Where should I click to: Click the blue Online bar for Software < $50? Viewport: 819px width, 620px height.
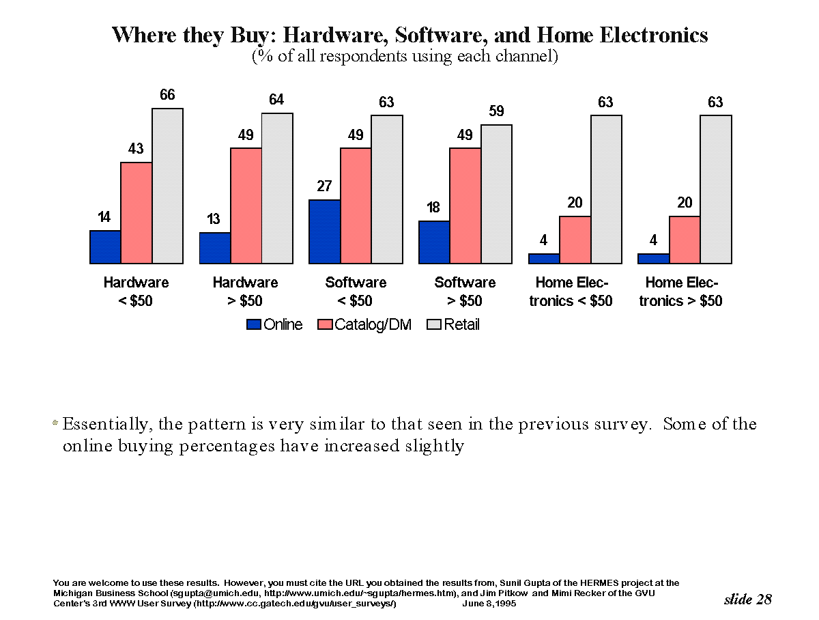[x=325, y=231]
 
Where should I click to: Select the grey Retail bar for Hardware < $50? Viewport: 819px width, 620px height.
[x=167, y=186]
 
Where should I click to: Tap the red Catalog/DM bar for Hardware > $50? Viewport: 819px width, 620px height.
[x=246, y=206]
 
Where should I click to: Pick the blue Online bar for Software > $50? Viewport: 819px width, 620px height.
[x=434, y=242]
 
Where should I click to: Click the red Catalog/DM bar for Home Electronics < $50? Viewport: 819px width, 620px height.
[x=575, y=240]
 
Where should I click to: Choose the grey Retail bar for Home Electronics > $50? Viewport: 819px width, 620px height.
[x=716, y=189]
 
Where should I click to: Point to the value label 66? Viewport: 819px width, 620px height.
[x=167, y=95]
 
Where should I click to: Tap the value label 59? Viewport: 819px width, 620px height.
[x=496, y=111]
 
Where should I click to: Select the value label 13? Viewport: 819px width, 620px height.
[x=214, y=219]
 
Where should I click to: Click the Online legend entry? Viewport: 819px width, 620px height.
[x=275, y=325]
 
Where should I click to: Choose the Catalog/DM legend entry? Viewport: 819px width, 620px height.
[x=365, y=325]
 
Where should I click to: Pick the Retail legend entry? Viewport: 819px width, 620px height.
[x=453, y=325]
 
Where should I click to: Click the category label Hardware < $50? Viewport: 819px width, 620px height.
[x=136, y=292]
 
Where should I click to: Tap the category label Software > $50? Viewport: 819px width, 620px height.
[x=465, y=292]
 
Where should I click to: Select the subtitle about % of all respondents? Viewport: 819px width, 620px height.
[x=405, y=56]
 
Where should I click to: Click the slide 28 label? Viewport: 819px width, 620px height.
[x=747, y=599]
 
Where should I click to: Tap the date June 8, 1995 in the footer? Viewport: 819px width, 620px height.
[x=489, y=604]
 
